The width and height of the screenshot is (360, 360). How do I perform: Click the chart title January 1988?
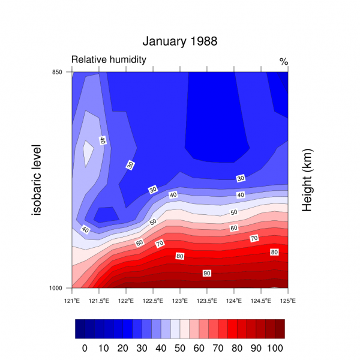click(179, 41)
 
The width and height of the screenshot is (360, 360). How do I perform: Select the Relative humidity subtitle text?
click(109, 59)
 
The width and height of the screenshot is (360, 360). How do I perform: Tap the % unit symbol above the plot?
click(284, 61)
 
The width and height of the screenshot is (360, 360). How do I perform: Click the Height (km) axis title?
click(307, 180)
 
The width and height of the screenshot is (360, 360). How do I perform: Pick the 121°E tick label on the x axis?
click(72, 299)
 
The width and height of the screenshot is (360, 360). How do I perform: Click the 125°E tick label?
click(288, 299)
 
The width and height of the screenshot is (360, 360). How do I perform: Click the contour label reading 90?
click(206, 274)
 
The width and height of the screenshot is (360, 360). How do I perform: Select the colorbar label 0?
click(85, 348)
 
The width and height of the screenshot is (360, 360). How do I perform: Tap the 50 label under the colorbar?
click(179, 348)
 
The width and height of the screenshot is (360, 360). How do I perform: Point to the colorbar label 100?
click(275, 348)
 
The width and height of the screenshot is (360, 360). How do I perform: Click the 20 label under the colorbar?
click(122, 348)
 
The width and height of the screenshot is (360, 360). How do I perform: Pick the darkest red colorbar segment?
click(279, 329)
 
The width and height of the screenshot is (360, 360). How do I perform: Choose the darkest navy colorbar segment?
click(80, 329)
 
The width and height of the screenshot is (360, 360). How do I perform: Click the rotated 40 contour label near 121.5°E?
click(103, 140)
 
